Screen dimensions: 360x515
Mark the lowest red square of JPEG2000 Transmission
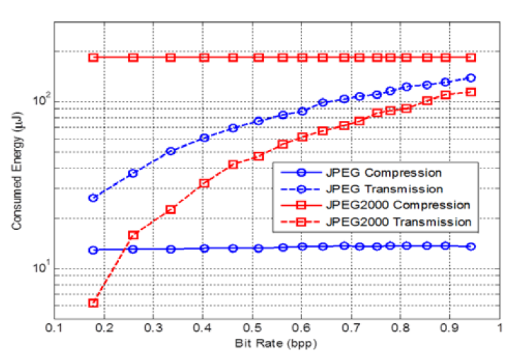(93, 303)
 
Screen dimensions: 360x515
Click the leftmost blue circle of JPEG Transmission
(93, 197)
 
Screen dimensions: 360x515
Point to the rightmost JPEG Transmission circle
(471, 78)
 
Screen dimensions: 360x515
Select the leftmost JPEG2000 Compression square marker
(93, 57)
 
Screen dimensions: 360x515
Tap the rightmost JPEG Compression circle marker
(471, 246)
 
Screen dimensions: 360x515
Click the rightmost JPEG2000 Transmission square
(471, 92)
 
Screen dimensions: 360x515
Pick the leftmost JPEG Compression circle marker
(93, 250)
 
